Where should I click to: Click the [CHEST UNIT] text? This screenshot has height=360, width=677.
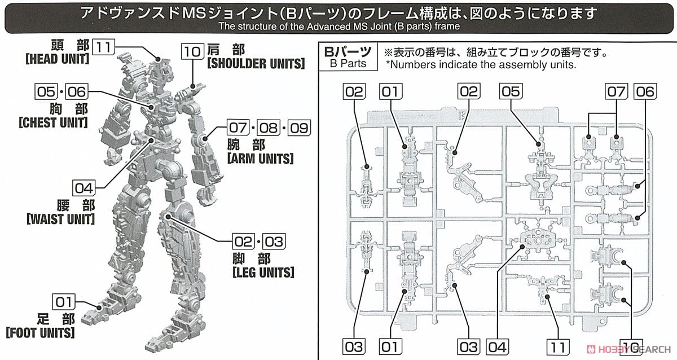[53, 122]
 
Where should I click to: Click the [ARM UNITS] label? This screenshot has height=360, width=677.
[260, 159]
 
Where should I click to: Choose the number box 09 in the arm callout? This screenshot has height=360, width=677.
[300, 129]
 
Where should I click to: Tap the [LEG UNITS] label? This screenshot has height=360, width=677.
[263, 273]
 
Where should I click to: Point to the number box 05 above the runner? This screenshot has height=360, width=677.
[509, 92]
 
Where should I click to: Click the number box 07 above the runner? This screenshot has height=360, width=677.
[617, 92]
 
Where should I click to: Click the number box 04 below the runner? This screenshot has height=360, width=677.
[496, 344]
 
